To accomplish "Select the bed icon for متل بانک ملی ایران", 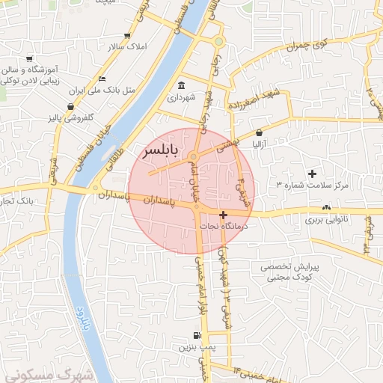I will (x=102, y=79).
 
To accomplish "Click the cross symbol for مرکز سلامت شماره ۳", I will (x=312, y=174).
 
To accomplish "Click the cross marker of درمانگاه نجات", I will (x=223, y=215).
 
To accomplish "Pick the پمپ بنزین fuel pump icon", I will (x=197, y=336).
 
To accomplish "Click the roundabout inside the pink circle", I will (x=194, y=157).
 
